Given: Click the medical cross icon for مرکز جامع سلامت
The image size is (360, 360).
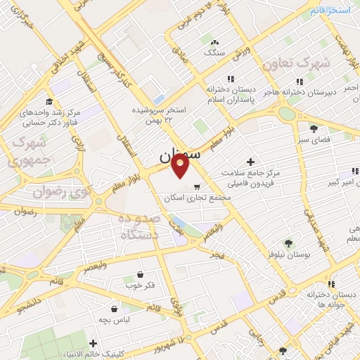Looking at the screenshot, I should point(250,162).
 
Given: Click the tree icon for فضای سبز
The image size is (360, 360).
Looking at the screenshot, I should point(314,129).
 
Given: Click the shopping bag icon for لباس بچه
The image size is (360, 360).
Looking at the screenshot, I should point(114,308).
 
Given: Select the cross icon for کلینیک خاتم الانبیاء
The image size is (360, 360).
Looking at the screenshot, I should point(92,343).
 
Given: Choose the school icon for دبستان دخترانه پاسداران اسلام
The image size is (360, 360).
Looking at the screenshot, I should point(229,79).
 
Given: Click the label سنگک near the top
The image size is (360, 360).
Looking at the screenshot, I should point(213,52).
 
